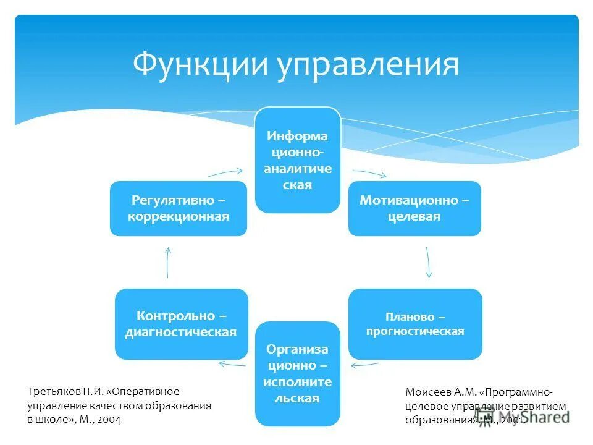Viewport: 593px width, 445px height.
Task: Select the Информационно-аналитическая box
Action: point(298,160)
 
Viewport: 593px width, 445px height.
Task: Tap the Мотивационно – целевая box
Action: point(414,208)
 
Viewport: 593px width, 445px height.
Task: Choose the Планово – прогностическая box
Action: point(415,324)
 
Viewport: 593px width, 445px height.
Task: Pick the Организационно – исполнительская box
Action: point(298,374)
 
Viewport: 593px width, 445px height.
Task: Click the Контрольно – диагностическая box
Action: point(181,324)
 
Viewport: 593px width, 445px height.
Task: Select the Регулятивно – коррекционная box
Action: point(178,208)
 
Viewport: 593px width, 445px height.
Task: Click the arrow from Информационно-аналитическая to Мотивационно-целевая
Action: point(369,174)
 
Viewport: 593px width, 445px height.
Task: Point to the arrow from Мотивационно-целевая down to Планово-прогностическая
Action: point(429,262)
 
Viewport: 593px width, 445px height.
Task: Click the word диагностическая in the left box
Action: point(181,333)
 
